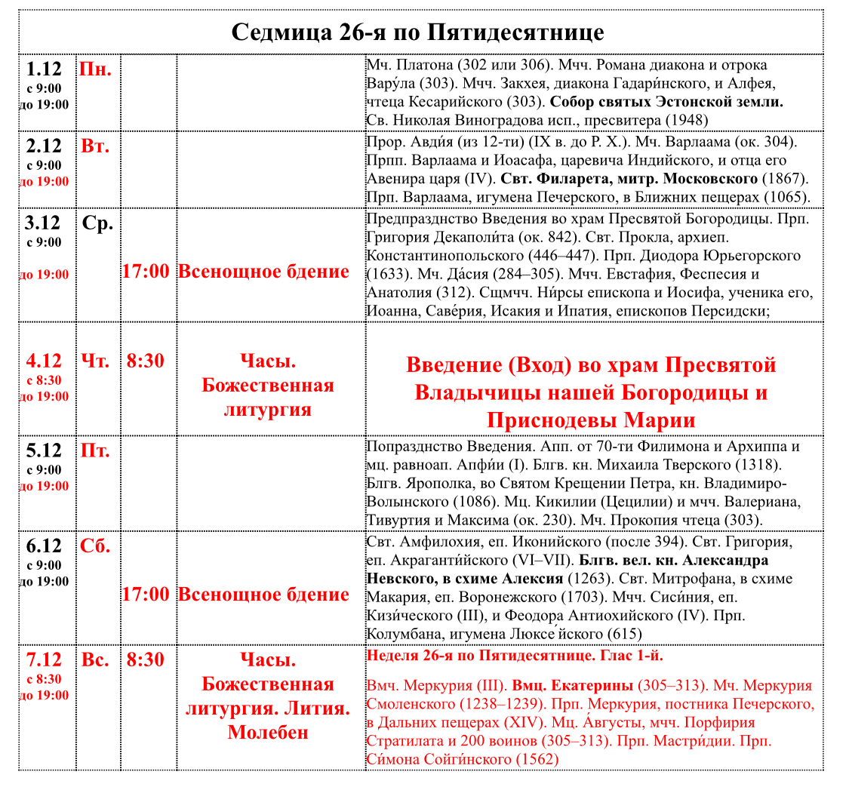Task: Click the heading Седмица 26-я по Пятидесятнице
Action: tap(417, 32)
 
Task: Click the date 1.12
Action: tap(44, 70)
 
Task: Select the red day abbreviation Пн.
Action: tap(96, 70)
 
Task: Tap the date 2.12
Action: tap(44, 146)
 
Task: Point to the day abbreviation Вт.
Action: tap(95, 146)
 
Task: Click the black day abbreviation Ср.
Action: tap(97, 223)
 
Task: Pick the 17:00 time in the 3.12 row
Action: tap(146, 272)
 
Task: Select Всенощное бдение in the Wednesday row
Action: tap(263, 272)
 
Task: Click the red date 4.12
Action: tap(44, 361)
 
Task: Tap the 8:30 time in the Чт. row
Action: tap(146, 361)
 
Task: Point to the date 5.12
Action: tap(44, 451)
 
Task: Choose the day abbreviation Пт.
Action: tap(95, 451)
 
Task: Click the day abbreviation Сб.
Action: tap(95, 546)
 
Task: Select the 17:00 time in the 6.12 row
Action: tap(146, 595)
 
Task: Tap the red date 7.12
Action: tap(44, 660)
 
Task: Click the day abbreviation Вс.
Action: tap(95, 660)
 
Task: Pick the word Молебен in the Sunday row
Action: tap(268, 733)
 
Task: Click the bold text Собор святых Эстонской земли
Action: tap(666, 102)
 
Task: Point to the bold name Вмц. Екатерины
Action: tap(573, 686)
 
